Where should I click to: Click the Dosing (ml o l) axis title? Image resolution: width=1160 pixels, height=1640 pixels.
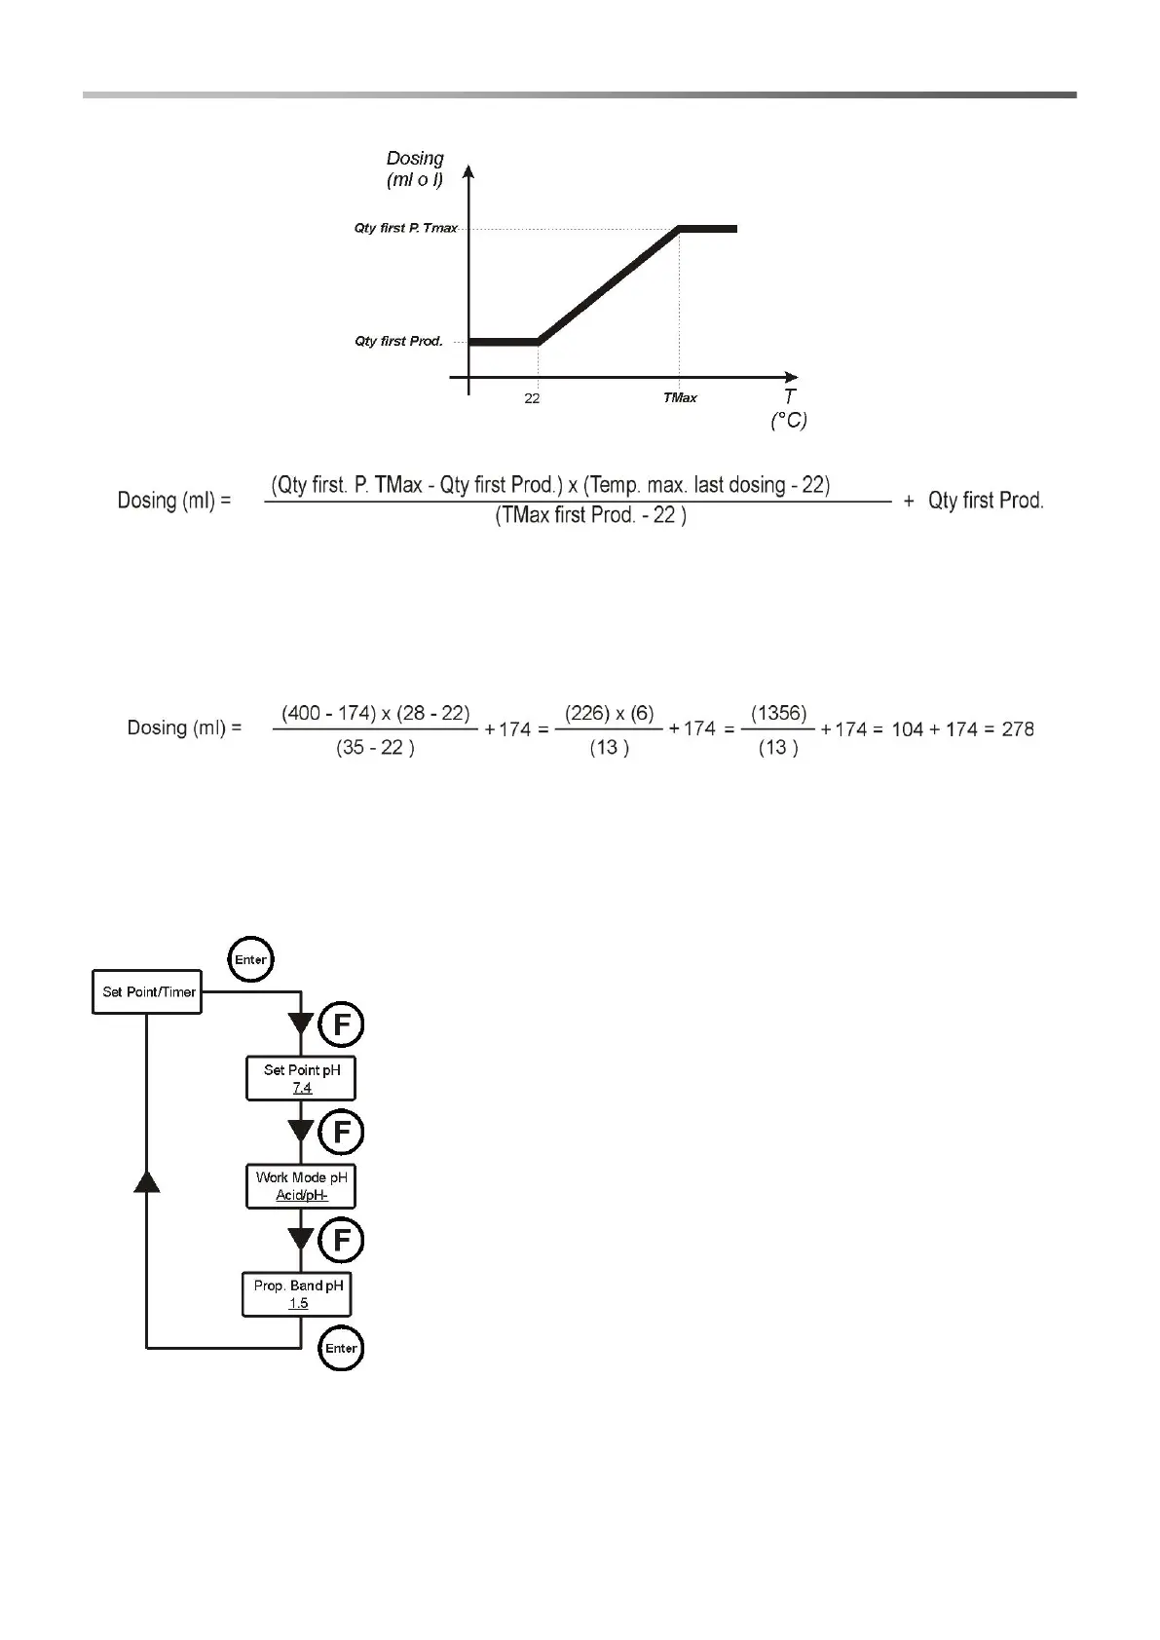(x=415, y=168)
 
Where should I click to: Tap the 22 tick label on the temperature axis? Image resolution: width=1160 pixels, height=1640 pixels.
(x=532, y=398)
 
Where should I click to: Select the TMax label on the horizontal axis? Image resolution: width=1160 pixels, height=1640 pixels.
(x=680, y=397)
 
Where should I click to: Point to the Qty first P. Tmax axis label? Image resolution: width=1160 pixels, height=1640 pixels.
(x=405, y=228)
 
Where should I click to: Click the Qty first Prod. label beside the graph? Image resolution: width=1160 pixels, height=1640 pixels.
(x=398, y=341)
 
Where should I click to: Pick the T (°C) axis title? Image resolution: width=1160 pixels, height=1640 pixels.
(x=789, y=409)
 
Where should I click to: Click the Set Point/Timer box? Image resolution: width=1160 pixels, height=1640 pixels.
(x=147, y=992)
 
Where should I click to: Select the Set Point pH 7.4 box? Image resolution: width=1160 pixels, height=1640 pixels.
(x=301, y=1078)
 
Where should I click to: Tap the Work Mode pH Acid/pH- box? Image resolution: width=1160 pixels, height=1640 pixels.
(x=301, y=1186)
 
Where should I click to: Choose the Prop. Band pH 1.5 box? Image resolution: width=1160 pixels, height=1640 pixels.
(x=297, y=1294)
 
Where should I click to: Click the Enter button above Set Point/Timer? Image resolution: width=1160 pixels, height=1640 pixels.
(x=250, y=960)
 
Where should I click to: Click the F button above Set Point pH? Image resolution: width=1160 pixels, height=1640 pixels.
(x=342, y=1025)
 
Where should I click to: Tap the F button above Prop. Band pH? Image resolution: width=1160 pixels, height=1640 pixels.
(x=342, y=1241)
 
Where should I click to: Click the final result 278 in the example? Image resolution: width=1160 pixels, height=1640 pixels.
(x=1017, y=728)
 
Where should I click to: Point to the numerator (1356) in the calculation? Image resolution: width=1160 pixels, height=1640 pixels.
(x=778, y=713)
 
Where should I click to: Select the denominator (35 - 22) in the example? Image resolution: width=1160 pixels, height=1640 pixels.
(x=375, y=748)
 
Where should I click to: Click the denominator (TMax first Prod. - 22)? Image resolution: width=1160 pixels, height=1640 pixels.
(x=590, y=516)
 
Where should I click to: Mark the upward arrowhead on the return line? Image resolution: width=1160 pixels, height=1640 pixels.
(x=146, y=1180)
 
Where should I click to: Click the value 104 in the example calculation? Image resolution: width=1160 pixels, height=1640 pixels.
(x=907, y=728)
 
